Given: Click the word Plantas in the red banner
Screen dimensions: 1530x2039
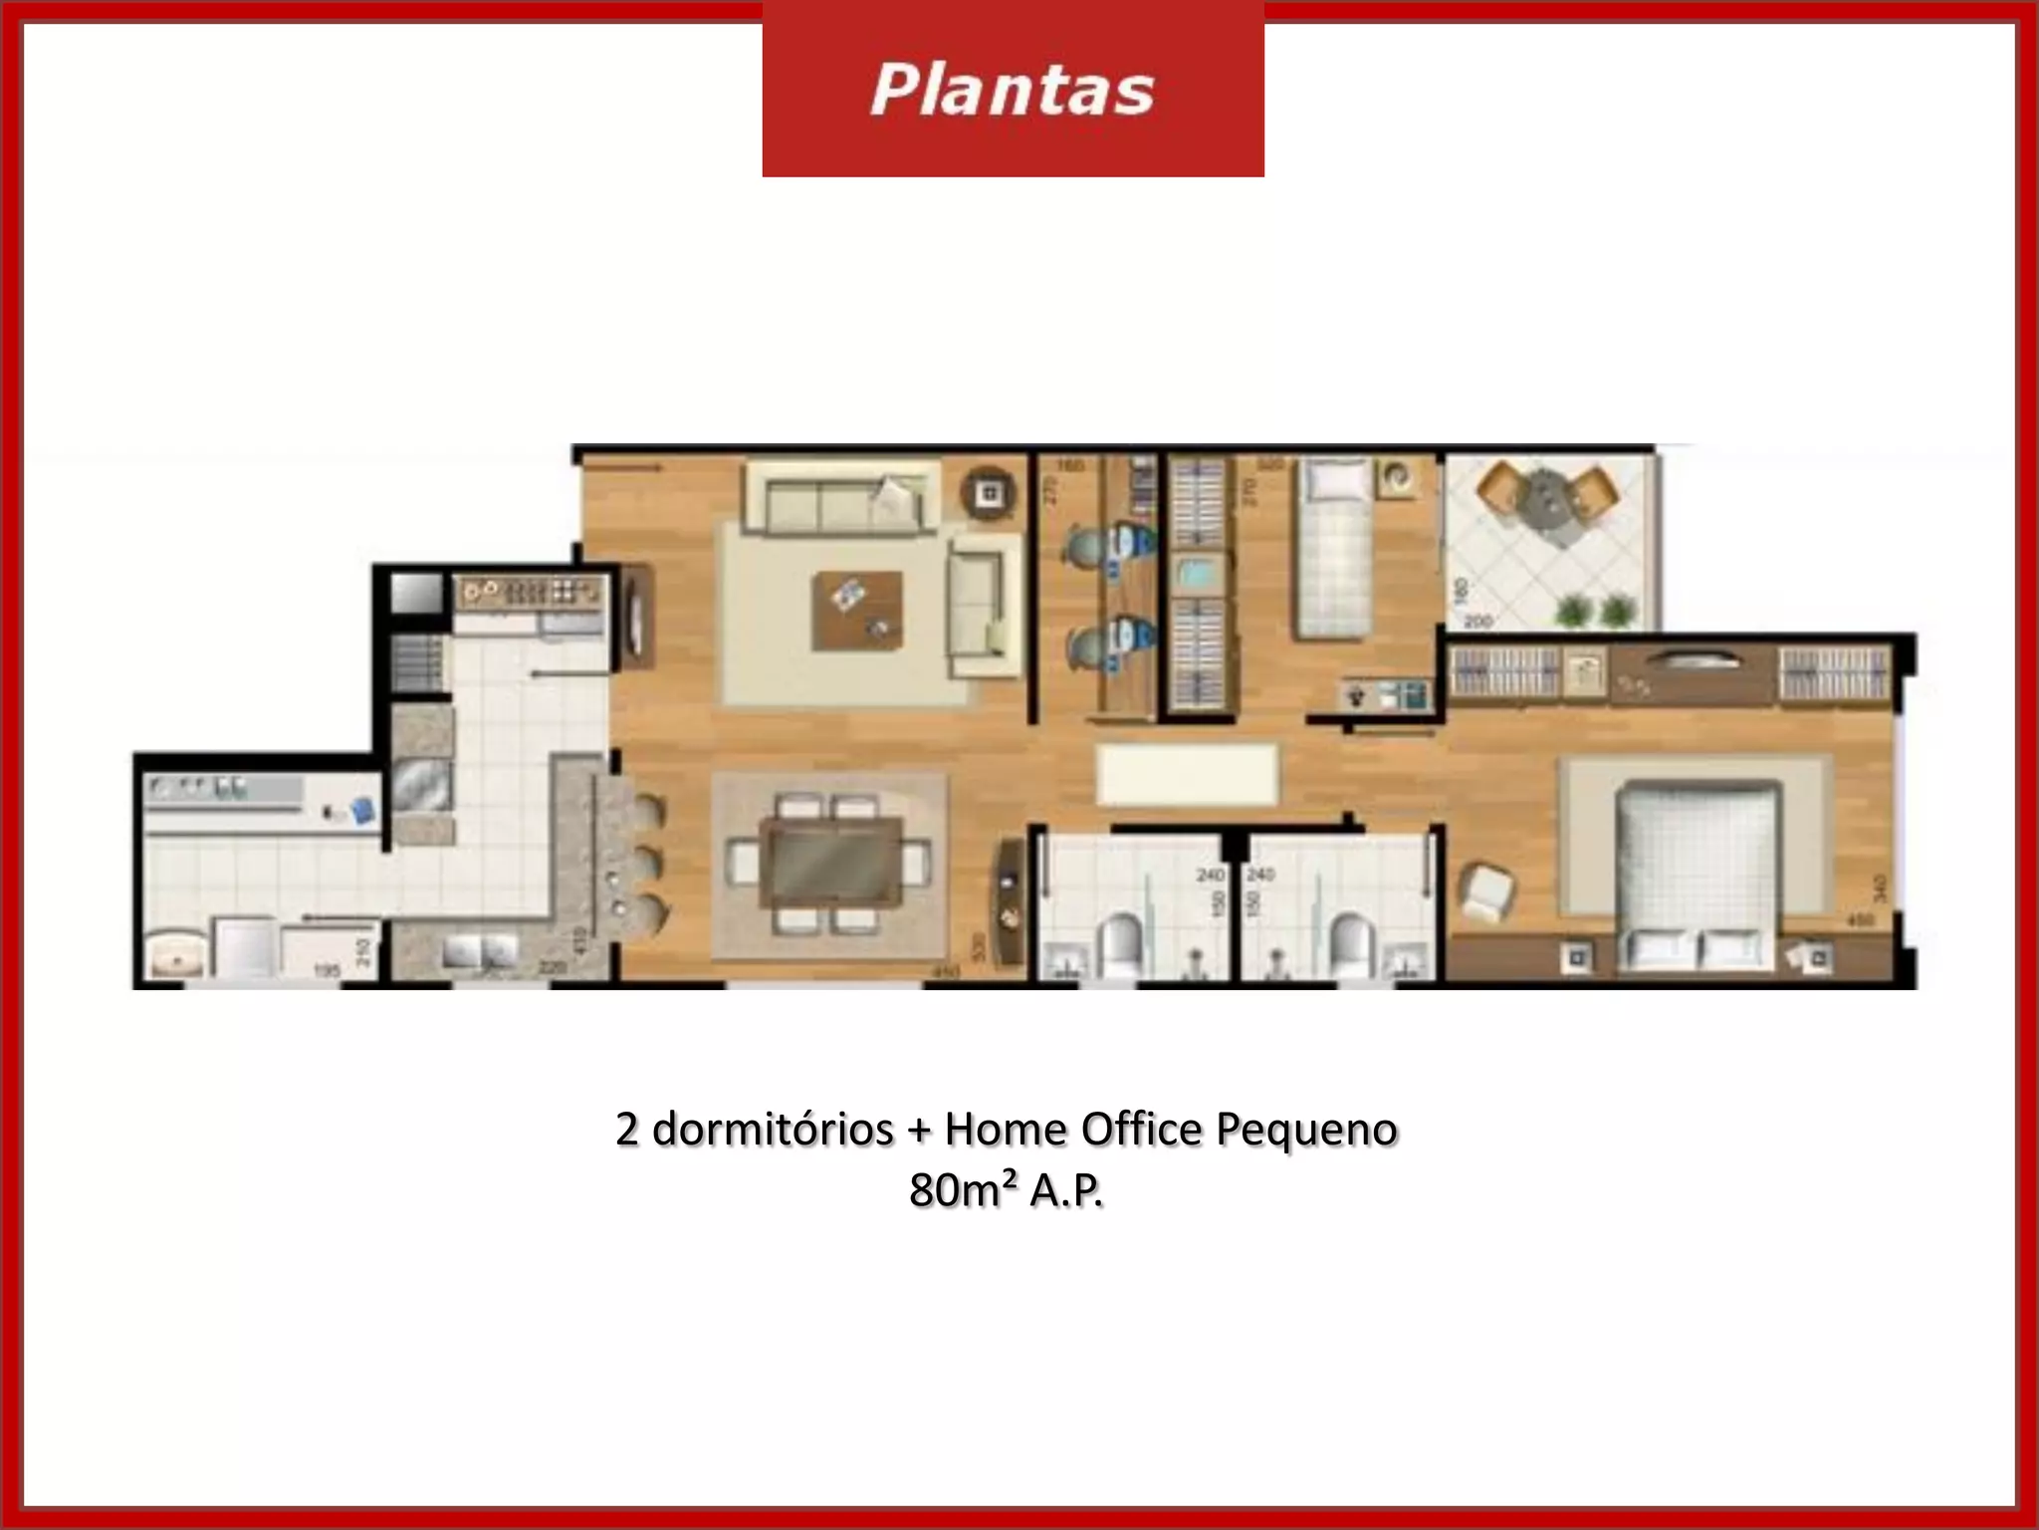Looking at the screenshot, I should (x=1012, y=91).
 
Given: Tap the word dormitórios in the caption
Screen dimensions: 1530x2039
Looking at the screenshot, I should (x=773, y=1130).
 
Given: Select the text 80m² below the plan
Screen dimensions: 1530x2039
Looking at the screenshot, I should (x=963, y=1190).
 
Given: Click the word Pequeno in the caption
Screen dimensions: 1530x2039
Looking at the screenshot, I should (x=1307, y=1130).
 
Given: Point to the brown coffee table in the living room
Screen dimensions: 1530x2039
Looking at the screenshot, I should (x=857, y=611).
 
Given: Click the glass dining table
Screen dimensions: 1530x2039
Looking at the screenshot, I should (x=830, y=863).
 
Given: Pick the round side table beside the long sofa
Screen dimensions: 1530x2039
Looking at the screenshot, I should (x=988, y=491).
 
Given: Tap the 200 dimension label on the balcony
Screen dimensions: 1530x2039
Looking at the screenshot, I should (x=1479, y=622).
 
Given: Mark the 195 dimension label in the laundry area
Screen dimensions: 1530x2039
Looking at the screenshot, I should (x=327, y=969).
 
